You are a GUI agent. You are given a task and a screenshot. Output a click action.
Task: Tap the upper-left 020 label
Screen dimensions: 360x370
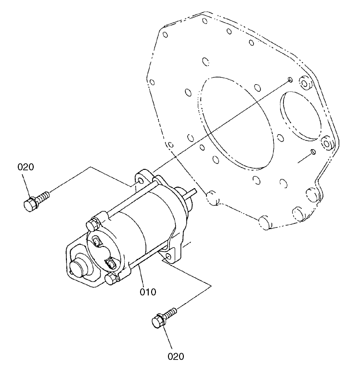[x=26, y=167]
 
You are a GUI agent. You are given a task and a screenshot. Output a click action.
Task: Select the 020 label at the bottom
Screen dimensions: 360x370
[x=176, y=357]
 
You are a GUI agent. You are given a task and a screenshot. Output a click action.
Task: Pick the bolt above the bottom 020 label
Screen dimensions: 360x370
[x=164, y=318]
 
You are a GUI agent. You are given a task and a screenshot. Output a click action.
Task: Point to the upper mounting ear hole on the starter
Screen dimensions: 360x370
[x=141, y=179]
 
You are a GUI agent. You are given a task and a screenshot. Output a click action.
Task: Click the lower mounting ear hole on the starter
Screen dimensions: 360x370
[x=167, y=260]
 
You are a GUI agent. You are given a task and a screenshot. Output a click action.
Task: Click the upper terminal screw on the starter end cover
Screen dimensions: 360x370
[x=97, y=240]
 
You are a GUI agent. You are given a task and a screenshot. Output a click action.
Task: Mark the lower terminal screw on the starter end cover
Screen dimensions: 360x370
[x=110, y=263]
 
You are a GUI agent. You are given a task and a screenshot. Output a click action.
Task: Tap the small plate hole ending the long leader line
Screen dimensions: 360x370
[x=289, y=79]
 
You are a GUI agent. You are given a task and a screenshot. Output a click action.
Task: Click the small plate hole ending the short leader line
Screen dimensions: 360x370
[x=313, y=153]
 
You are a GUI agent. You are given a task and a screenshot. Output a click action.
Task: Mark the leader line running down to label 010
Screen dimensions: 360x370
[x=140, y=274]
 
